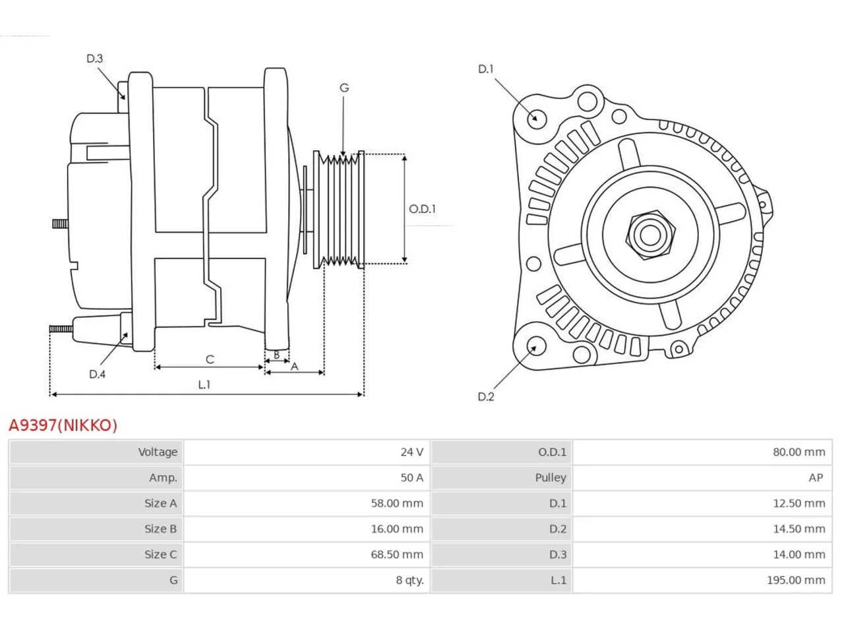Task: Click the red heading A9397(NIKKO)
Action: tap(63, 425)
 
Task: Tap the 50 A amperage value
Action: tap(412, 477)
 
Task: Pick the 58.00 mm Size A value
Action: tap(397, 503)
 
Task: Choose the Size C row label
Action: tap(161, 555)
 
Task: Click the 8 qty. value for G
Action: tap(410, 580)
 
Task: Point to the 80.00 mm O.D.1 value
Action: tap(799, 452)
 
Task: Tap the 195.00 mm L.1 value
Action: tap(796, 580)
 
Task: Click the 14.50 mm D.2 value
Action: tap(799, 529)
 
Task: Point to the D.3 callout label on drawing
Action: tap(94, 59)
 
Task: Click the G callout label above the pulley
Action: tap(344, 88)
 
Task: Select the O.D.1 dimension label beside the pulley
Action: tap(422, 209)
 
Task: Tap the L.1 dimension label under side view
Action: tap(204, 384)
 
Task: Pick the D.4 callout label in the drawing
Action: tap(98, 374)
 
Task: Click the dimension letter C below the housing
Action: tap(210, 359)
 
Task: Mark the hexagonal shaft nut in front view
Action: tap(650, 235)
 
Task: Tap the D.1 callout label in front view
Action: tap(486, 69)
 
